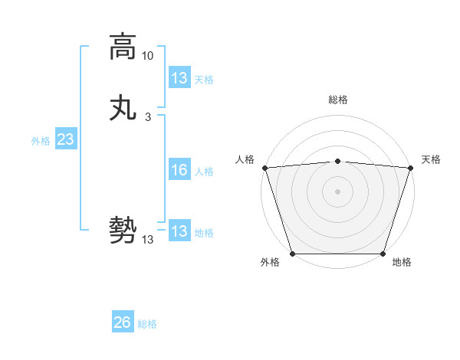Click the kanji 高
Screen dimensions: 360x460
[x=123, y=47]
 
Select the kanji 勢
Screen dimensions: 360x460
[x=123, y=231]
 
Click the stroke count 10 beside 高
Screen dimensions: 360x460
[x=148, y=56]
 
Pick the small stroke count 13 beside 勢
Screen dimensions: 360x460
[x=148, y=240]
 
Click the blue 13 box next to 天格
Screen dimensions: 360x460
[x=179, y=78]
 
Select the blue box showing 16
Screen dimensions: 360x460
[x=179, y=170]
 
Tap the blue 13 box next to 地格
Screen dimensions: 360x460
[x=179, y=231]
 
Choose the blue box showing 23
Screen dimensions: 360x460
[x=65, y=139]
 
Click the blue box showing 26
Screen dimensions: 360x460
[x=122, y=323]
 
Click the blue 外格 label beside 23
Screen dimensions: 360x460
[x=41, y=141]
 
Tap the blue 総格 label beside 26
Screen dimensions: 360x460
[x=147, y=325]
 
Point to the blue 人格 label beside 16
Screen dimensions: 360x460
[x=204, y=172]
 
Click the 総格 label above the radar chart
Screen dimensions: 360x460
[x=337, y=100]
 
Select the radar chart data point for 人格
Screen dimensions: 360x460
[x=264, y=168]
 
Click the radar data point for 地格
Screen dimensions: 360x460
[x=383, y=254]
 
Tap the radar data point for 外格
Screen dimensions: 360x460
[x=292, y=254]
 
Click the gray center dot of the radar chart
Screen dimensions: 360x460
[x=337, y=191]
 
